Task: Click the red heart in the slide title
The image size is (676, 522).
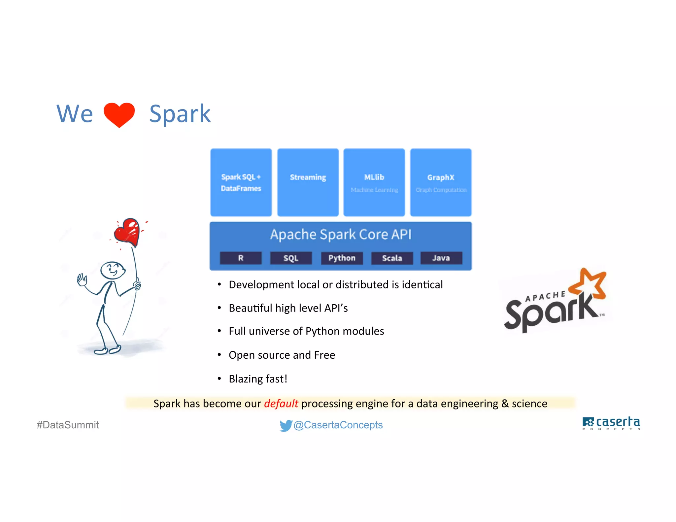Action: pyautogui.click(x=119, y=114)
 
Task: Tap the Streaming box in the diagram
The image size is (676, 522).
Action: pyautogui.click(x=308, y=182)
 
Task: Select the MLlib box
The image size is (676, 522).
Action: pyautogui.click(x=374, y=182)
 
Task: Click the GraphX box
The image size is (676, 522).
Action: pyautogui.click(x=441, y=182)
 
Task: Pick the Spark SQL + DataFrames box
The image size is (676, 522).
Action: pyautogui.click(x=241, y=182)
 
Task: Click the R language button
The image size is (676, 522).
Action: pyautogui.click(x=241, y=258)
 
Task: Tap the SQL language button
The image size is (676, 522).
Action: pyautogui.click(x=291, y=258)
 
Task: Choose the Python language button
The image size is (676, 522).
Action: pyautogui.click(x=342, y=258)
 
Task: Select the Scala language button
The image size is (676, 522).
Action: pyautogui.click(x=392, y=258)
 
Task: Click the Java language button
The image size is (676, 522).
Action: pyautogui.click(x=441, y=258)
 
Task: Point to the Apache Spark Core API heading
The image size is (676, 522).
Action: pyautogui.click(x=341, y=235)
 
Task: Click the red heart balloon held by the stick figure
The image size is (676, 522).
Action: pyautogui.click(x=127, y=232)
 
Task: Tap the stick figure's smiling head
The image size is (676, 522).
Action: pyautogui.click(x=113, y=270)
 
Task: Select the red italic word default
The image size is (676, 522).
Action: pyautogui.click(x=281, y=404)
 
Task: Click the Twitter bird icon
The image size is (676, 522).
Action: pyautogui.click(x=286, y=425)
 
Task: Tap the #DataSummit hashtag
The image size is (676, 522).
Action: pyautogui.click(x=68, y=425)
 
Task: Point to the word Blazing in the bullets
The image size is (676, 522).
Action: pyautogui.click(x=246, y=379)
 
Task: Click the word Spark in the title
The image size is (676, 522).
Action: pyautogui.click(x=180, y=114)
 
